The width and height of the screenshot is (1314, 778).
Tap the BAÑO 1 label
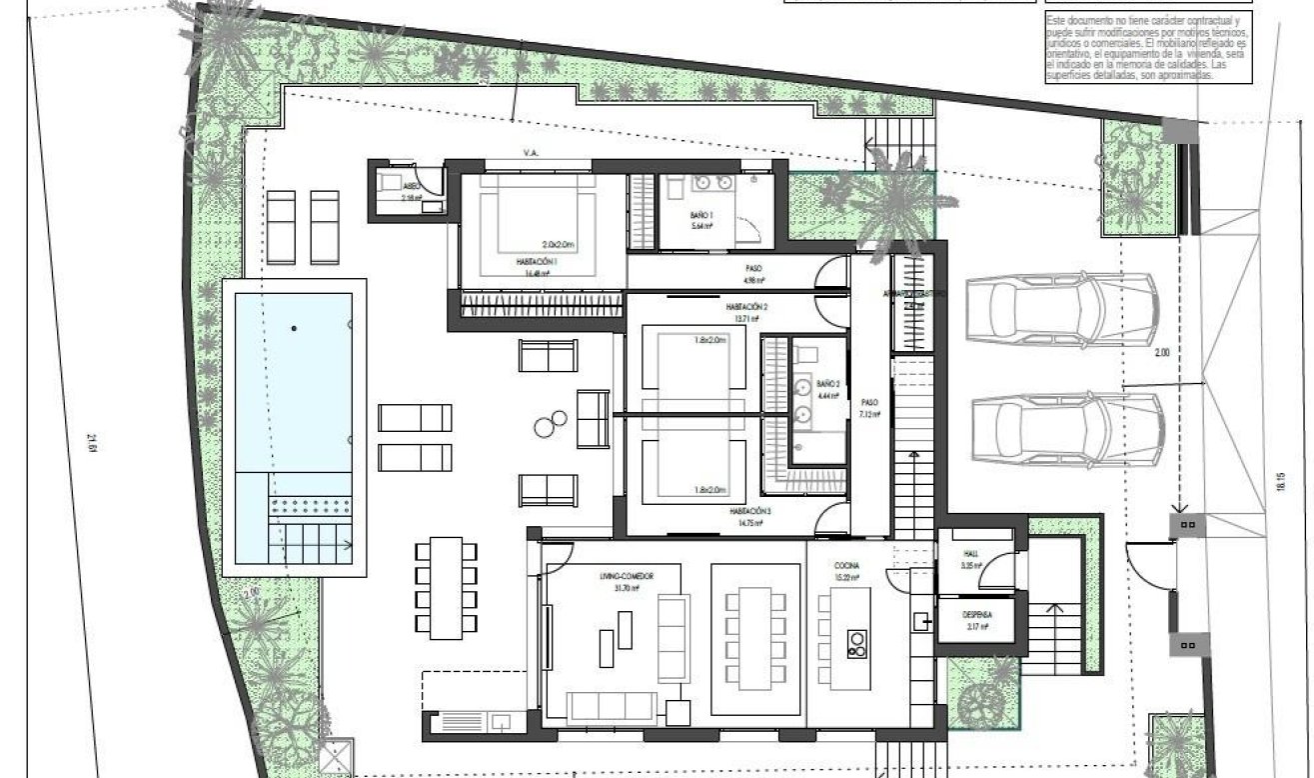click(700, 216)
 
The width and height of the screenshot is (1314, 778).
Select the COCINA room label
click(847, 565)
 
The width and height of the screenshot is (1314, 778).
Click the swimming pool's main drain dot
click(294, 327)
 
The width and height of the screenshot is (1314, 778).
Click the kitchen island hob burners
click(855, 644)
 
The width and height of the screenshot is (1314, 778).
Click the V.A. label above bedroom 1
click(531, 153)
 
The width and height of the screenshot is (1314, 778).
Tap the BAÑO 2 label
click(827, 383)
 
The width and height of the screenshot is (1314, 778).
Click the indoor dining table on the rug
click(755, 638)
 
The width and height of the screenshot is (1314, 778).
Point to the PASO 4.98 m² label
click(754, 272)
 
